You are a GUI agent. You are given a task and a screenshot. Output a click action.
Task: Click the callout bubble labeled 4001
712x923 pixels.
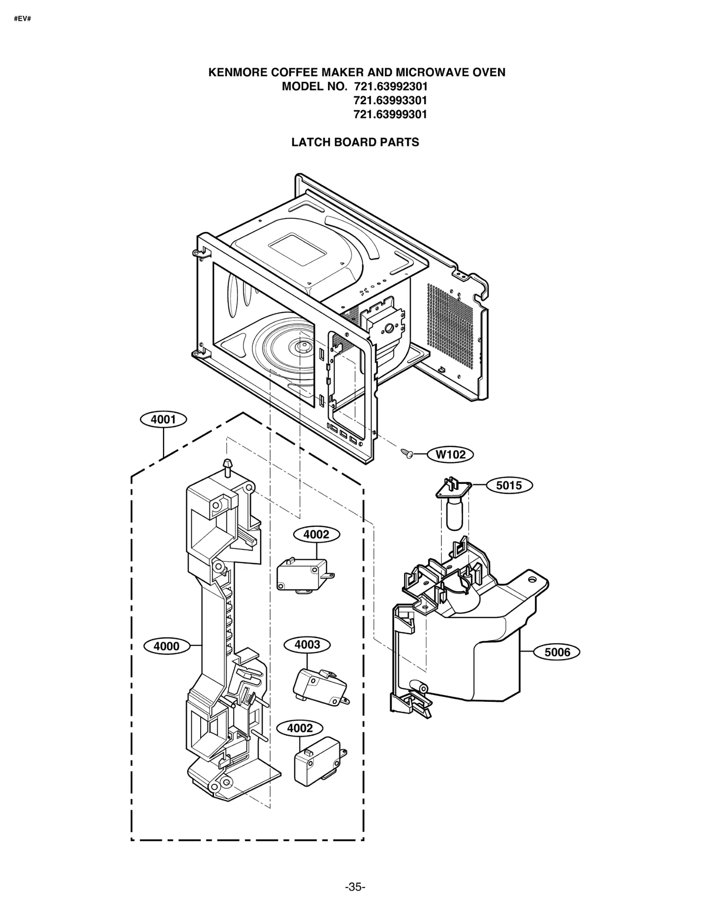click(x=163, y=419)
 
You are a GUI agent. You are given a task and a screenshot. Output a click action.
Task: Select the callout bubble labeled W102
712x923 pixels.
click(x=450, y=455)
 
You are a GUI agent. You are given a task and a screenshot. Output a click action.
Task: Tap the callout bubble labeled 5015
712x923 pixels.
click(x=509, y=485)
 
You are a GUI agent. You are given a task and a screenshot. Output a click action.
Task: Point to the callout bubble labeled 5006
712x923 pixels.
click(x=557, y=652)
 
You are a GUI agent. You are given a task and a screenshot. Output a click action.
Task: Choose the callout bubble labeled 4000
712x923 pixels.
click(x=166, y=646)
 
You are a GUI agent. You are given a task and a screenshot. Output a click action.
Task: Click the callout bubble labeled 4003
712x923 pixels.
click(x=307, y=644)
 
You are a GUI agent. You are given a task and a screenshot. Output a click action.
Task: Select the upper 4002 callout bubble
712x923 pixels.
click(x=316, y=534)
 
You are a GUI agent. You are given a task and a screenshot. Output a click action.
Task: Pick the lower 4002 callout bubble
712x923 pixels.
click(x=299, y=728)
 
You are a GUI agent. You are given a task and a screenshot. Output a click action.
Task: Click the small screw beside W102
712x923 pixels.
click(x=407, y=453)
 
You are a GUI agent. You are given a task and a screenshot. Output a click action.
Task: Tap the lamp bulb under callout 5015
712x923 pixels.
click(x=454, y=514)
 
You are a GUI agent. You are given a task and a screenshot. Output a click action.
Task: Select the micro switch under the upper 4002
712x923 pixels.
click(x=303, y=575)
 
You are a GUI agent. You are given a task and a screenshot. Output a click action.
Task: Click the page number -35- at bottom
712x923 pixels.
click(x=355, y=887)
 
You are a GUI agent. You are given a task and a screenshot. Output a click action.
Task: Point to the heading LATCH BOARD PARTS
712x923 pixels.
click(x=355, y=142)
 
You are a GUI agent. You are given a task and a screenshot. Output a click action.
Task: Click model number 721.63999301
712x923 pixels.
click(x=390, y=114)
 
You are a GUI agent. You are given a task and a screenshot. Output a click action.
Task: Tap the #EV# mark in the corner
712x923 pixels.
click(x=22, y=20)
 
